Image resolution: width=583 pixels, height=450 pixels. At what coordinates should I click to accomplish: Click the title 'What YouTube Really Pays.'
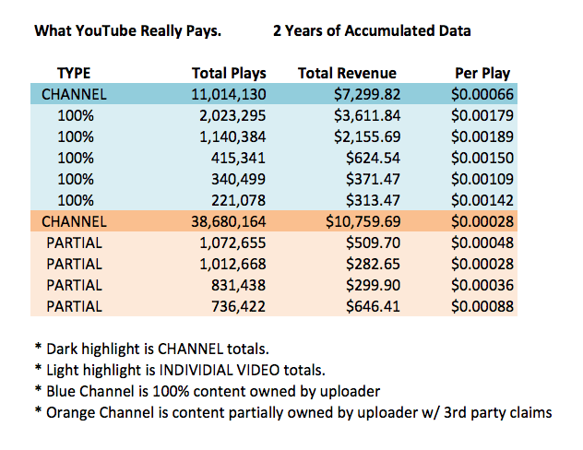point(127,30)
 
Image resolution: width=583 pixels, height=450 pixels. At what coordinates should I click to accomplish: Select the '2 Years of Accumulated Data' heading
point(372,30)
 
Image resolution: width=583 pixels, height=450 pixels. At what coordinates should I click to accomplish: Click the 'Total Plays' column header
point(229,73)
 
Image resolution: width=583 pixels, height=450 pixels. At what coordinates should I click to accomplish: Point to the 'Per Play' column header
point(482,73)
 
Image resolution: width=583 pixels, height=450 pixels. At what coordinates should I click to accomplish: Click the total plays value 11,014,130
point(225,94)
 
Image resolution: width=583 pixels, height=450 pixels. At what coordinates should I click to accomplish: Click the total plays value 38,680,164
point(225,221)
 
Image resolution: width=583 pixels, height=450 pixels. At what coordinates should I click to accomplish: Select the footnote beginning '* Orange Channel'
point(293,412)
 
